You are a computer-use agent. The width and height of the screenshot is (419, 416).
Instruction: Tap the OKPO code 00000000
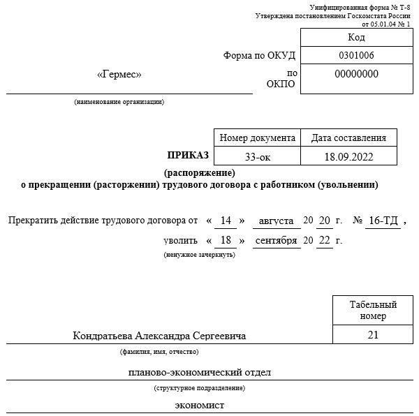[x=356, y=74]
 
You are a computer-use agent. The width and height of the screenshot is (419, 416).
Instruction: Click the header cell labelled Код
[x=355, y=37]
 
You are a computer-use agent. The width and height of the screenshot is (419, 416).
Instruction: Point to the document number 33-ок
[x=257, y=156]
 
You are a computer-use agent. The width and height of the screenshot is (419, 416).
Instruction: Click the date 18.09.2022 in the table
[x=348, y=156]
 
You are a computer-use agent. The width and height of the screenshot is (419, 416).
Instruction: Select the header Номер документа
[x=257, y=138]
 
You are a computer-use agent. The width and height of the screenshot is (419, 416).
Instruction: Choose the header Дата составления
[x=348, y=138]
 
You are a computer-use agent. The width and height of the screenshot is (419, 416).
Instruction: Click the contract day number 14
[x=226, y=221]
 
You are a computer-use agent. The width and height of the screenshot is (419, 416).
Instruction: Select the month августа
[x=275, y=221]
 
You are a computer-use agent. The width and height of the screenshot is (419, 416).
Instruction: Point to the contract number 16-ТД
[x=383, y=221]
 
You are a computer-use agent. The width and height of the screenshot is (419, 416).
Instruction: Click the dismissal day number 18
[x=226, y=240]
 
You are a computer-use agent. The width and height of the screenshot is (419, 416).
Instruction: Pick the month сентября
[x=277, y=240]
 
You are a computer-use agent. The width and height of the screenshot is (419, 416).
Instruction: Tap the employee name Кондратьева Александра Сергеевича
[x=159, y=336]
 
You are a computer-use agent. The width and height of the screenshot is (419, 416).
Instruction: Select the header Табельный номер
[x=373, y=310]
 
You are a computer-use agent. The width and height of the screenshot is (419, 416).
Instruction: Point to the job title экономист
[x=200, y=406]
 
